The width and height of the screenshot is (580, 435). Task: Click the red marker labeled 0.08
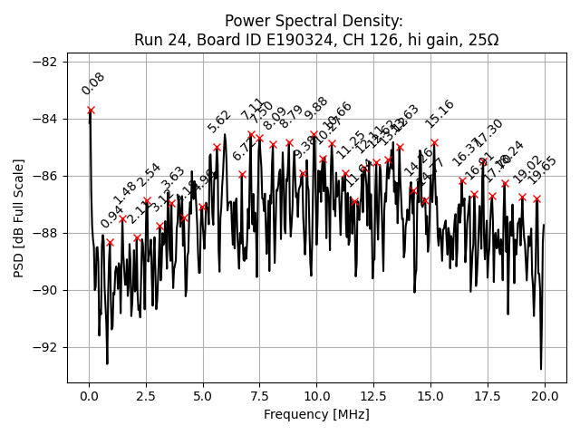coord(91,110)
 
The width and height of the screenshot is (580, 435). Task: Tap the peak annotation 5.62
coord(218,121)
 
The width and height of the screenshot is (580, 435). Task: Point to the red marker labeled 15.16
coord(434,142)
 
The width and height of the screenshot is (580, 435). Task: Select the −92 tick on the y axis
coord(66,347)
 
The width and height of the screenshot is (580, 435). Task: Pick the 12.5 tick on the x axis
coord(373,382)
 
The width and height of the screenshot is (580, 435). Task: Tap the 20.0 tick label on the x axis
coord(545,396)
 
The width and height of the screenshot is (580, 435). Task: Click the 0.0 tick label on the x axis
coord(89,396)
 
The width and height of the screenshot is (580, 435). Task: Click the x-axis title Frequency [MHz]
coord(316,414)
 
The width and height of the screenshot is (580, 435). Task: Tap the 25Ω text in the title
coord(480,40)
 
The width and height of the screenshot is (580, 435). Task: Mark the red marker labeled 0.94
coord(110,242)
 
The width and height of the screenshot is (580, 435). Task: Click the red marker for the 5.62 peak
coord(217,147)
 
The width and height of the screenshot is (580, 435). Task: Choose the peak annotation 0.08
coord(92,84)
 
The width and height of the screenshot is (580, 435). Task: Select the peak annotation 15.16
coord(439,114)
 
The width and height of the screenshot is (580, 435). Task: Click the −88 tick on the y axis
coord(66,233)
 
